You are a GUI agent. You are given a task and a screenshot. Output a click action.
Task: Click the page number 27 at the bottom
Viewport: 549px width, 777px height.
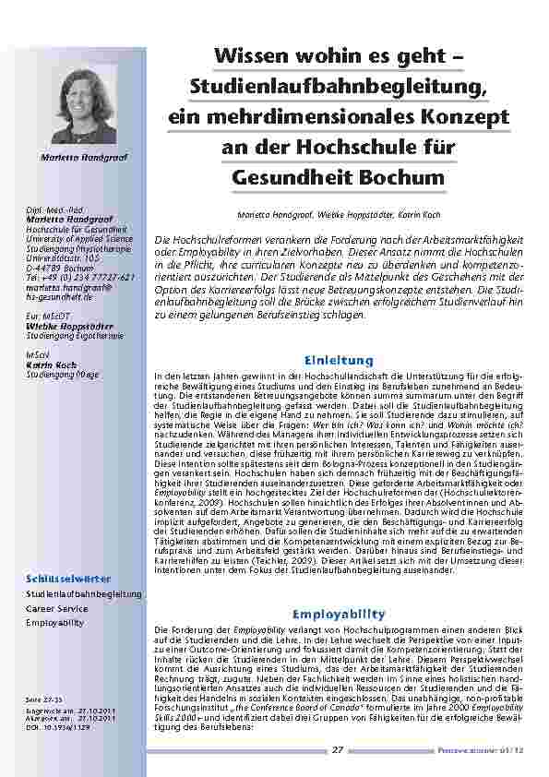coord(338,750)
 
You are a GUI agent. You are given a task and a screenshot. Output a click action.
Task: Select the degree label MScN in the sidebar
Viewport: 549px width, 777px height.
coord(38,355)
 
